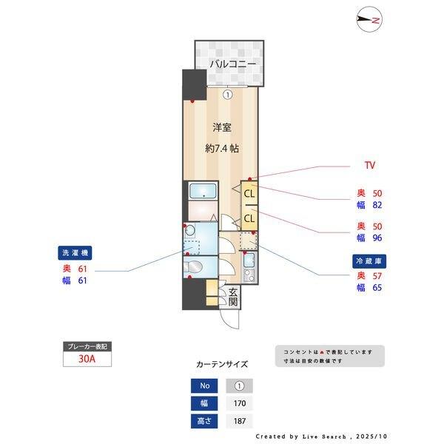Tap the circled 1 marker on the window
point(229,94)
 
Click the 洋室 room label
point(222,127)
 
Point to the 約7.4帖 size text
point(222,148)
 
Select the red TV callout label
point(370,164)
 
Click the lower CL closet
point(249,219)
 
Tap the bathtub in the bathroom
point(201,192)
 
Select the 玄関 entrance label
point(232,296)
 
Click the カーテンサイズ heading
point(222,364)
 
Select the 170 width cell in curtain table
point(239,403)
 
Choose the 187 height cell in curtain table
point(239,421)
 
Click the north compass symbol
point(368,21)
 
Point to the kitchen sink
point(249,260)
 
